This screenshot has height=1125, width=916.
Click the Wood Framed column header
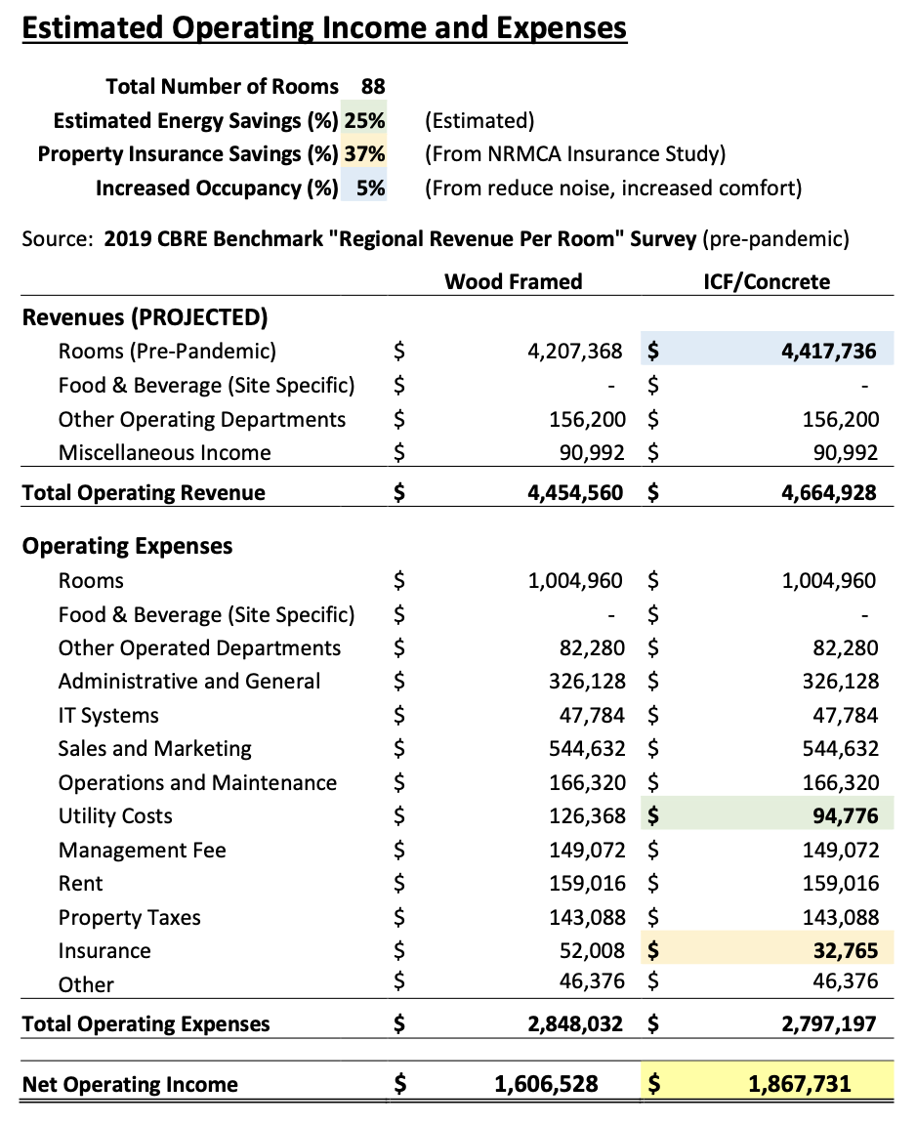tap(513, 282)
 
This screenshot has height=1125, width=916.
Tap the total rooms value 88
tap(372, 86)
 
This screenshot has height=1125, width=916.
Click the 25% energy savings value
tap(364, 121)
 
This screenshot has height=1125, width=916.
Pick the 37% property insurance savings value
tap(364, 154)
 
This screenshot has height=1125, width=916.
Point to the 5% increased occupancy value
tap(370, 187)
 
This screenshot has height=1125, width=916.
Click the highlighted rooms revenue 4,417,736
tap(828, 351)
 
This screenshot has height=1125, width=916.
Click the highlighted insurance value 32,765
tap(844, 950)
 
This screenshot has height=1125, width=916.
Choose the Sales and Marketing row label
tap(154, 749)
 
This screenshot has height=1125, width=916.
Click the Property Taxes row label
tap(129, 917)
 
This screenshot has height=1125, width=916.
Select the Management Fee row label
tap(142, 850)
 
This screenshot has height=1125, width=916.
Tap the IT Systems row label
tap(108, 715)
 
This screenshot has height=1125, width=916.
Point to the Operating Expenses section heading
tap(127, 545)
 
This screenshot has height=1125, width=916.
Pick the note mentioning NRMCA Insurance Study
tap(575, 154)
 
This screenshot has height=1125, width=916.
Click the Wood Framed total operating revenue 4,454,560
tap(574, 492)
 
